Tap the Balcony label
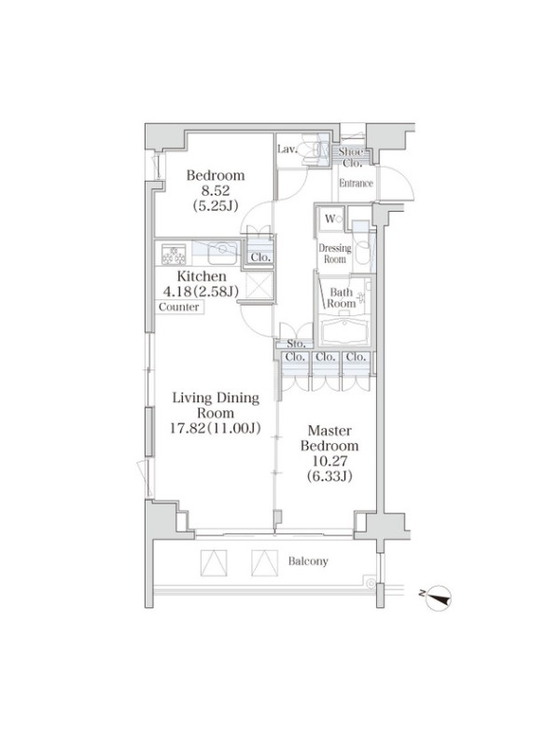tap(308, 561)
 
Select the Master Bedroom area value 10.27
tap(329, 461)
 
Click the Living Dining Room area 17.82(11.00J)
tap(216, 428)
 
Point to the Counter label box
tap(179, 307)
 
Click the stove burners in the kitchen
tap(174, 254)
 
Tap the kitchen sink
tap(222, 253)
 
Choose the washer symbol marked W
tap(333, 219)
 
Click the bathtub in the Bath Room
tap(344, 331)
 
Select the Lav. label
tap(287, 149)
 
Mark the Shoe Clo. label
tap(352, 158)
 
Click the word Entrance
tap(356, 183)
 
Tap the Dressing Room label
tap(335, 254)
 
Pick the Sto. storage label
tap(296, 343)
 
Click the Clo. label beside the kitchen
tap(260, 257)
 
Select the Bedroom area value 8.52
tap(216, 191)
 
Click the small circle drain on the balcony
tap(371, 581)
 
